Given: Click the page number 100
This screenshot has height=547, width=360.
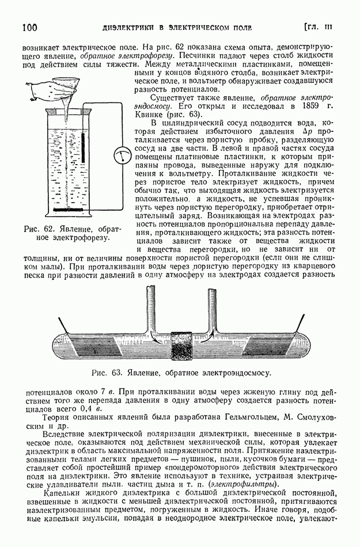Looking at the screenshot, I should click(29, 27).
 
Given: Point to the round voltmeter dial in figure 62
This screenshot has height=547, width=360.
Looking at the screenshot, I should click(122, 153).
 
